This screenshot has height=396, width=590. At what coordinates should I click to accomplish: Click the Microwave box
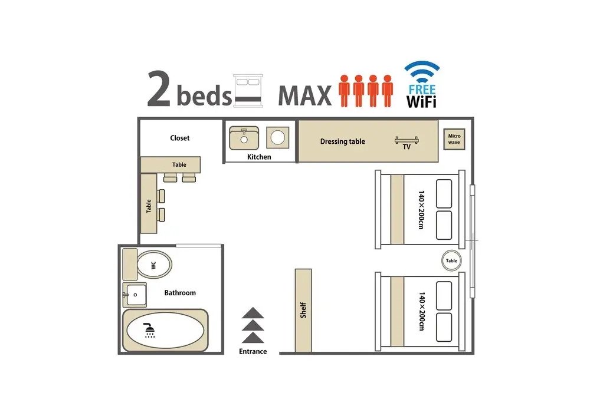454,140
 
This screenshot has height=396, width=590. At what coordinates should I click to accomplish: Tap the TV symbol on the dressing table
407,140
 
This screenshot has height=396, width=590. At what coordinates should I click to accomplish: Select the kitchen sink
244,138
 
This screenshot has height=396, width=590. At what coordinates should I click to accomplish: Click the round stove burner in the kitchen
278,137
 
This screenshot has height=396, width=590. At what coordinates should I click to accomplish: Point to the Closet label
179,138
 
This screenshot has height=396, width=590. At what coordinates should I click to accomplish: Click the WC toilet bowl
154,265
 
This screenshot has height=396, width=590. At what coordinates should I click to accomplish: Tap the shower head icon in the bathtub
150,330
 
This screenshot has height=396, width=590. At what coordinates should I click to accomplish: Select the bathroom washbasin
135,295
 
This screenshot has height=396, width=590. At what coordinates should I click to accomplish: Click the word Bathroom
180,293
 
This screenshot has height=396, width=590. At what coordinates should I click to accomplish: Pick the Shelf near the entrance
303,311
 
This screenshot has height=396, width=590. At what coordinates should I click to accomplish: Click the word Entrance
253,352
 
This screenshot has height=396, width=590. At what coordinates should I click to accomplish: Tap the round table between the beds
451,260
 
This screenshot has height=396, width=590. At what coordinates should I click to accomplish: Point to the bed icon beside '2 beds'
248,91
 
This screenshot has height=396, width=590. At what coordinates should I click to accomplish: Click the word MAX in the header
305,95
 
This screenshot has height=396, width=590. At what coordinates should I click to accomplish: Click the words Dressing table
342,141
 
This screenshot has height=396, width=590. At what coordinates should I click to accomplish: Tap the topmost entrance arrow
253,313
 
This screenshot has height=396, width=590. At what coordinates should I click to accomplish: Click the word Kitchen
259,157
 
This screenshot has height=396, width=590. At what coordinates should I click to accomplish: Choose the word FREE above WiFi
422,90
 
